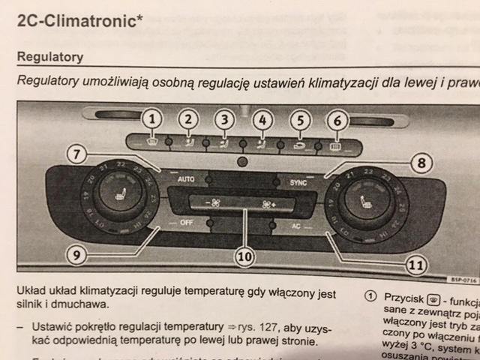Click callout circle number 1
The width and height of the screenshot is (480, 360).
152,118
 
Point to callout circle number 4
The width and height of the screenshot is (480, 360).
261,118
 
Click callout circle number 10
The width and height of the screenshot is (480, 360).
243,256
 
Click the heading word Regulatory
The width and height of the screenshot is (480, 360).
49,57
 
